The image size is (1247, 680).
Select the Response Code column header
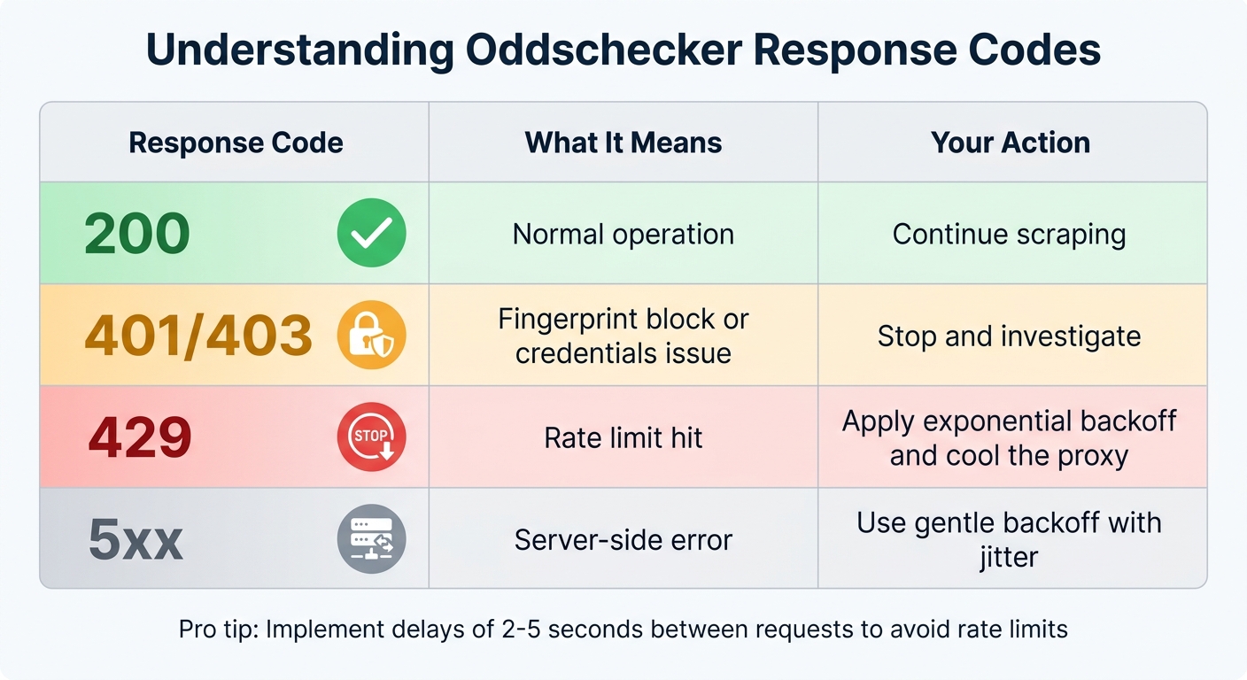236,143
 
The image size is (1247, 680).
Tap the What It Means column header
623,143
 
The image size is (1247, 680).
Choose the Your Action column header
1011,143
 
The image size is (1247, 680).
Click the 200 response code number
137,234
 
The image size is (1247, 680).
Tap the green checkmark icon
371,234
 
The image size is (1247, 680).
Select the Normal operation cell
623,234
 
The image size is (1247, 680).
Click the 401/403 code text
198,336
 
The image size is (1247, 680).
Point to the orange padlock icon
371,336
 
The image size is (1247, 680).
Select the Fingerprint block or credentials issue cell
623,336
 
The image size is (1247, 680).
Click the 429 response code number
140,437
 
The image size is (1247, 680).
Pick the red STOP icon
371,437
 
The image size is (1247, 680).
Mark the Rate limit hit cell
623,437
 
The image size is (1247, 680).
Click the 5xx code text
136,539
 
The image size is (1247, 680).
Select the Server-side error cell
623,539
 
